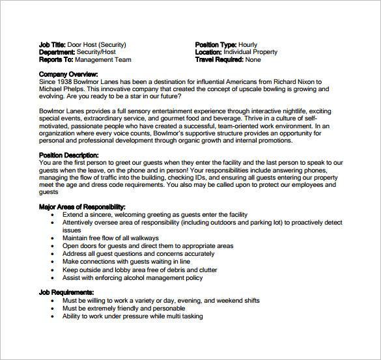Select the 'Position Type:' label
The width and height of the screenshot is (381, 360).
pos(216,45)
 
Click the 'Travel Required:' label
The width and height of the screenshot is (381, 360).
pos(219,60)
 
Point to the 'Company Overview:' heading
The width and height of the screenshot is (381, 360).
pos(68,74)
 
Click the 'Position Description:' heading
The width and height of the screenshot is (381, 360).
pos(69,155)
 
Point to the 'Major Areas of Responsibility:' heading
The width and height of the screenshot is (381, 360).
pos(82,207)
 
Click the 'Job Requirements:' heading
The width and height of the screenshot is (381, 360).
pos(66,293)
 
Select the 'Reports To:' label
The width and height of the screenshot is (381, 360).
pos(55,60)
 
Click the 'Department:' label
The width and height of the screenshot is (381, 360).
pos(57,52)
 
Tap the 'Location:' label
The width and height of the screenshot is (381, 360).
pos(208,52)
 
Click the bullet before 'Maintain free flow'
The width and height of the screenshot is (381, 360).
pos(55,239)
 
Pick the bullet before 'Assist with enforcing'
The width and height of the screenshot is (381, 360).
pos(55,278)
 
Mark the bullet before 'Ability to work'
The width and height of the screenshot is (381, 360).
pos(55,317)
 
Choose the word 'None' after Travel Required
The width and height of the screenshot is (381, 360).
pos(253,60)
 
